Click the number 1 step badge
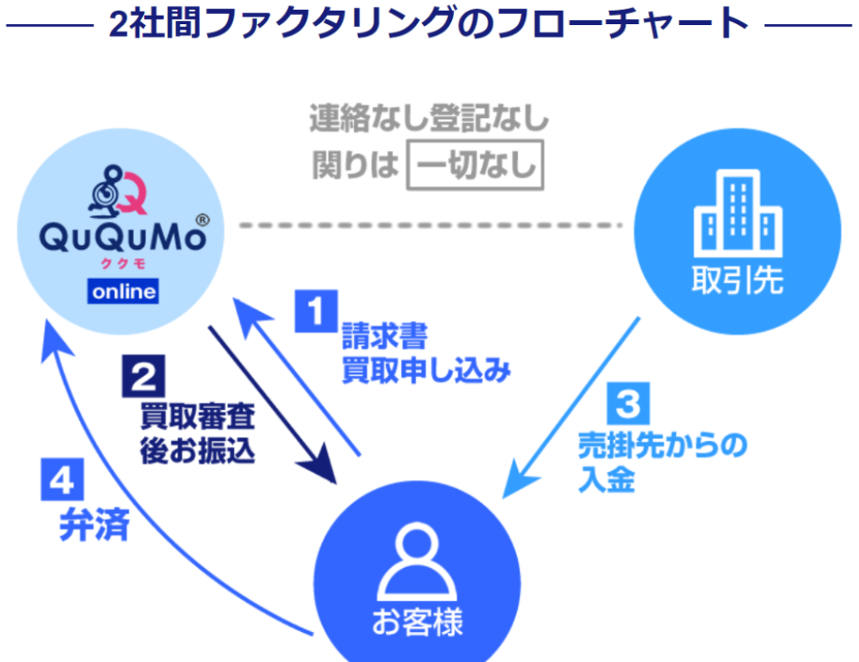tap(316, 311)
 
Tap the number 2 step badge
tap(143, 376)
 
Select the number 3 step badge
tap(628, 403)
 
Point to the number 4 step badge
tap(62, 479)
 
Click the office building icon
tap(738, 213)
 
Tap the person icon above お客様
tap(417, 561)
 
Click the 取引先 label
tap(737, 280)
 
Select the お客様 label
tap(418, 622)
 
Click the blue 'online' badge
tap(123, 291)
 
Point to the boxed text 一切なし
tap(475, 165)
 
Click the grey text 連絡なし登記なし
tap(429, 118)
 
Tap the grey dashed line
tap(430, 225)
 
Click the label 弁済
tap(94, 525)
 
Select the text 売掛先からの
tap(663, 445)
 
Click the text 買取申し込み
tap(426, 370)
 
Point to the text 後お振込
tap(197, 452)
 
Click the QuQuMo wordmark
tap(123, 238)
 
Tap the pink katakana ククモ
tap(123, 264)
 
